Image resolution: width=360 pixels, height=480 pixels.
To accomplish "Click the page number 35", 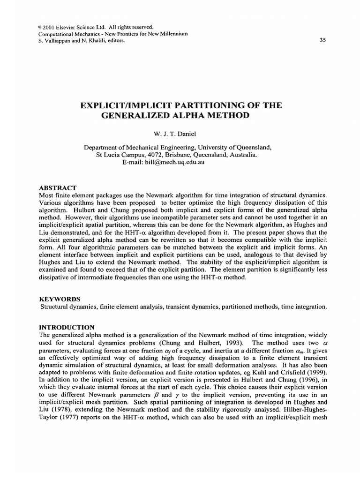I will pos(322,40).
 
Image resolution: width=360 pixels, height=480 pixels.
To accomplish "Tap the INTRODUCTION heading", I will pos(66,327).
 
